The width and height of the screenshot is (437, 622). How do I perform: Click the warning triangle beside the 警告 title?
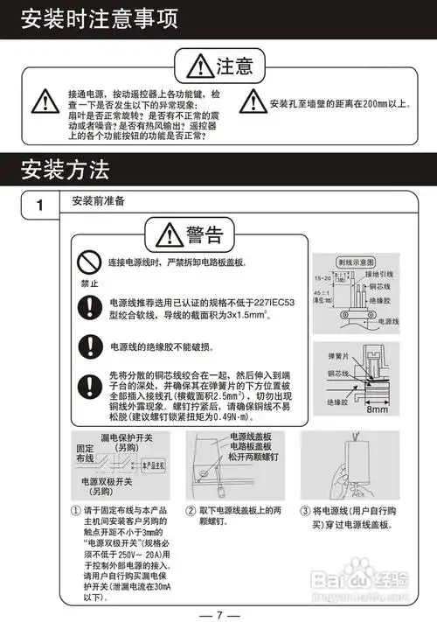pyautogui.click(x=166, y=235)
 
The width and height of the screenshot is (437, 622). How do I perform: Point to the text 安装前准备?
pyautogui.click(x=99, y=201)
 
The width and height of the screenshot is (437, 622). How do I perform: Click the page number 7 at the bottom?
pyautogui.click(x=219, y=603)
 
